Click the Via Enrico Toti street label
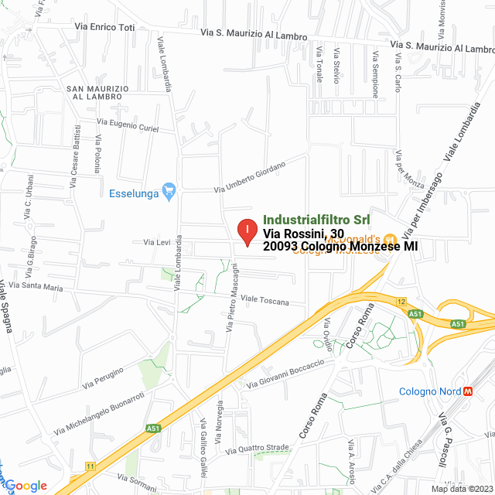[104, 27]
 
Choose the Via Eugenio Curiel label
[128, 124]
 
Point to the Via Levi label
[156, 243]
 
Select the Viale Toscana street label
[265, 299]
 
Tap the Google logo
[27, 486]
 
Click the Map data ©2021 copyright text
[461, 489]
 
